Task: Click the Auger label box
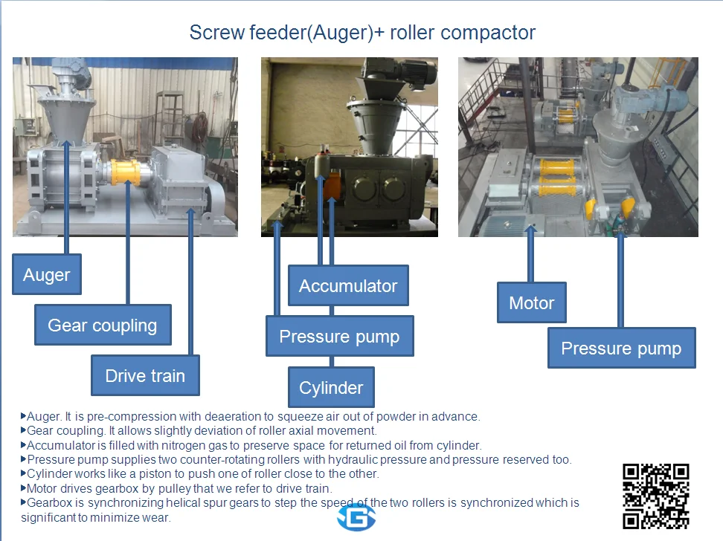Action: [47, 275]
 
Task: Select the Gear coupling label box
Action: [103, 325]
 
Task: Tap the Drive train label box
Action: [145, 375]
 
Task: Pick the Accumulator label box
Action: [348, 285]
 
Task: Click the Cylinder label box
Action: [331, 387]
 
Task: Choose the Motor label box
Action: [531, 302]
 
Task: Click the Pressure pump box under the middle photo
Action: [339, 337]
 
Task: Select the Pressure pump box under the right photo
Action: [621, 349]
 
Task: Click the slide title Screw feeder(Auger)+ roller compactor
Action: [362, 33]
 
